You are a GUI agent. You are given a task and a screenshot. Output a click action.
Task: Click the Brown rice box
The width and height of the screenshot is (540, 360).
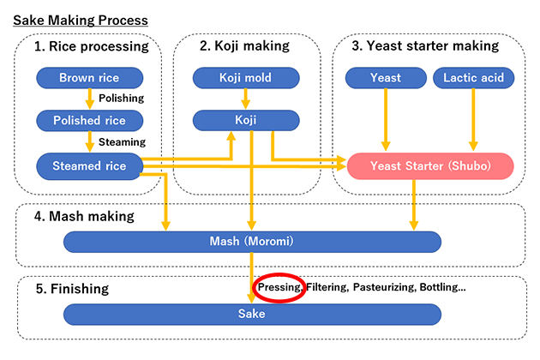[89, 79]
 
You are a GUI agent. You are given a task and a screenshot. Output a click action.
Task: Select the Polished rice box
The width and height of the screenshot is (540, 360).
[89, 120]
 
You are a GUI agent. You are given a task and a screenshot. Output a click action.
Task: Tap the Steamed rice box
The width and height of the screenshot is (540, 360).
[89, 165]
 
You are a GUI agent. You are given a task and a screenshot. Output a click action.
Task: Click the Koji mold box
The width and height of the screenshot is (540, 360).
[245, 79]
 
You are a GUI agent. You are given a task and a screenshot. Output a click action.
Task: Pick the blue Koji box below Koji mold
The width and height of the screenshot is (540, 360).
[245, 120]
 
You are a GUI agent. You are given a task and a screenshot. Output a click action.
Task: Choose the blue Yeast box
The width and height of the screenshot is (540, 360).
[385, 79]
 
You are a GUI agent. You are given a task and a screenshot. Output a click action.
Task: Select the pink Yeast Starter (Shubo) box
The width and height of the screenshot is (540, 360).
[429, 165]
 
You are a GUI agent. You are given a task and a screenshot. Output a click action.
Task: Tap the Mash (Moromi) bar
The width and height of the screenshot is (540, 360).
[252, 242]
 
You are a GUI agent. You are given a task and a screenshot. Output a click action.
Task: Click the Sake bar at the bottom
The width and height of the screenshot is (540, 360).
[252, 314]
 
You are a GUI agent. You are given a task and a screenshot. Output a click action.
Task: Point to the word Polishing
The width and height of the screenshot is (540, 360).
[122, 99]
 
